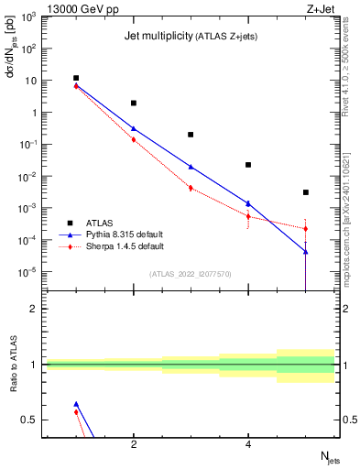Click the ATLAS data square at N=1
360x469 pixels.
[x=76, y=79]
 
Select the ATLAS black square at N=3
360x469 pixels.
[x=191, y=135]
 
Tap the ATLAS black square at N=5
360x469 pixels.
[x=305, y=192]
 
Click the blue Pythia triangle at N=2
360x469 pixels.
[x=134, y=128]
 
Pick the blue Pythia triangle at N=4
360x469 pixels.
[x=248, y=203]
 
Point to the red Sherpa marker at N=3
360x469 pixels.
[x=191, y=188]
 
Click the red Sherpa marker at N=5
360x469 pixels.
[x=305, y=228]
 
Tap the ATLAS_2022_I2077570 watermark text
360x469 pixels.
[x=191, y=273]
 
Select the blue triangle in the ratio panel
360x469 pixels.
[x=76, y=404]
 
